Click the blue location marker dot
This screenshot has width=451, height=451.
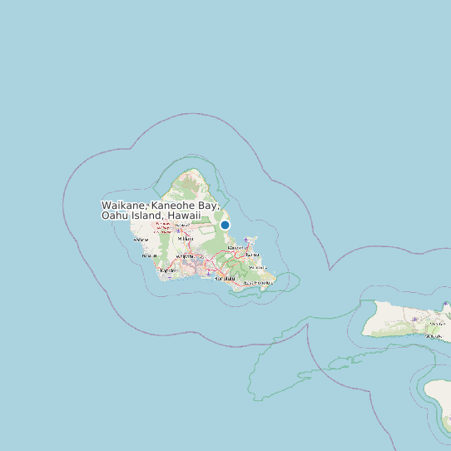point(225,225)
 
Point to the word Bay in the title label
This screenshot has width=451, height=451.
point(208,205)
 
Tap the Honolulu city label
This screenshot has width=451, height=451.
point(225,279)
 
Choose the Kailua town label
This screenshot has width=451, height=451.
point(253,255)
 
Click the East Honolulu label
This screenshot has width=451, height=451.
point(257,283)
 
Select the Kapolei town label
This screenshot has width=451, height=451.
point(167,270)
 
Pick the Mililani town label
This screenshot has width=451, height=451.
point(186,239)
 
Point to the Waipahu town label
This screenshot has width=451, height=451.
point(185,255)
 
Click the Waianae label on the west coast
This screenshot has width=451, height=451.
point(141,240)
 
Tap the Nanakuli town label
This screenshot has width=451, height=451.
point(149,255)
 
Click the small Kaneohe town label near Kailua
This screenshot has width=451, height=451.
point(235,247)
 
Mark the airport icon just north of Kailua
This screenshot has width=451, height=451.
point(246,240)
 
